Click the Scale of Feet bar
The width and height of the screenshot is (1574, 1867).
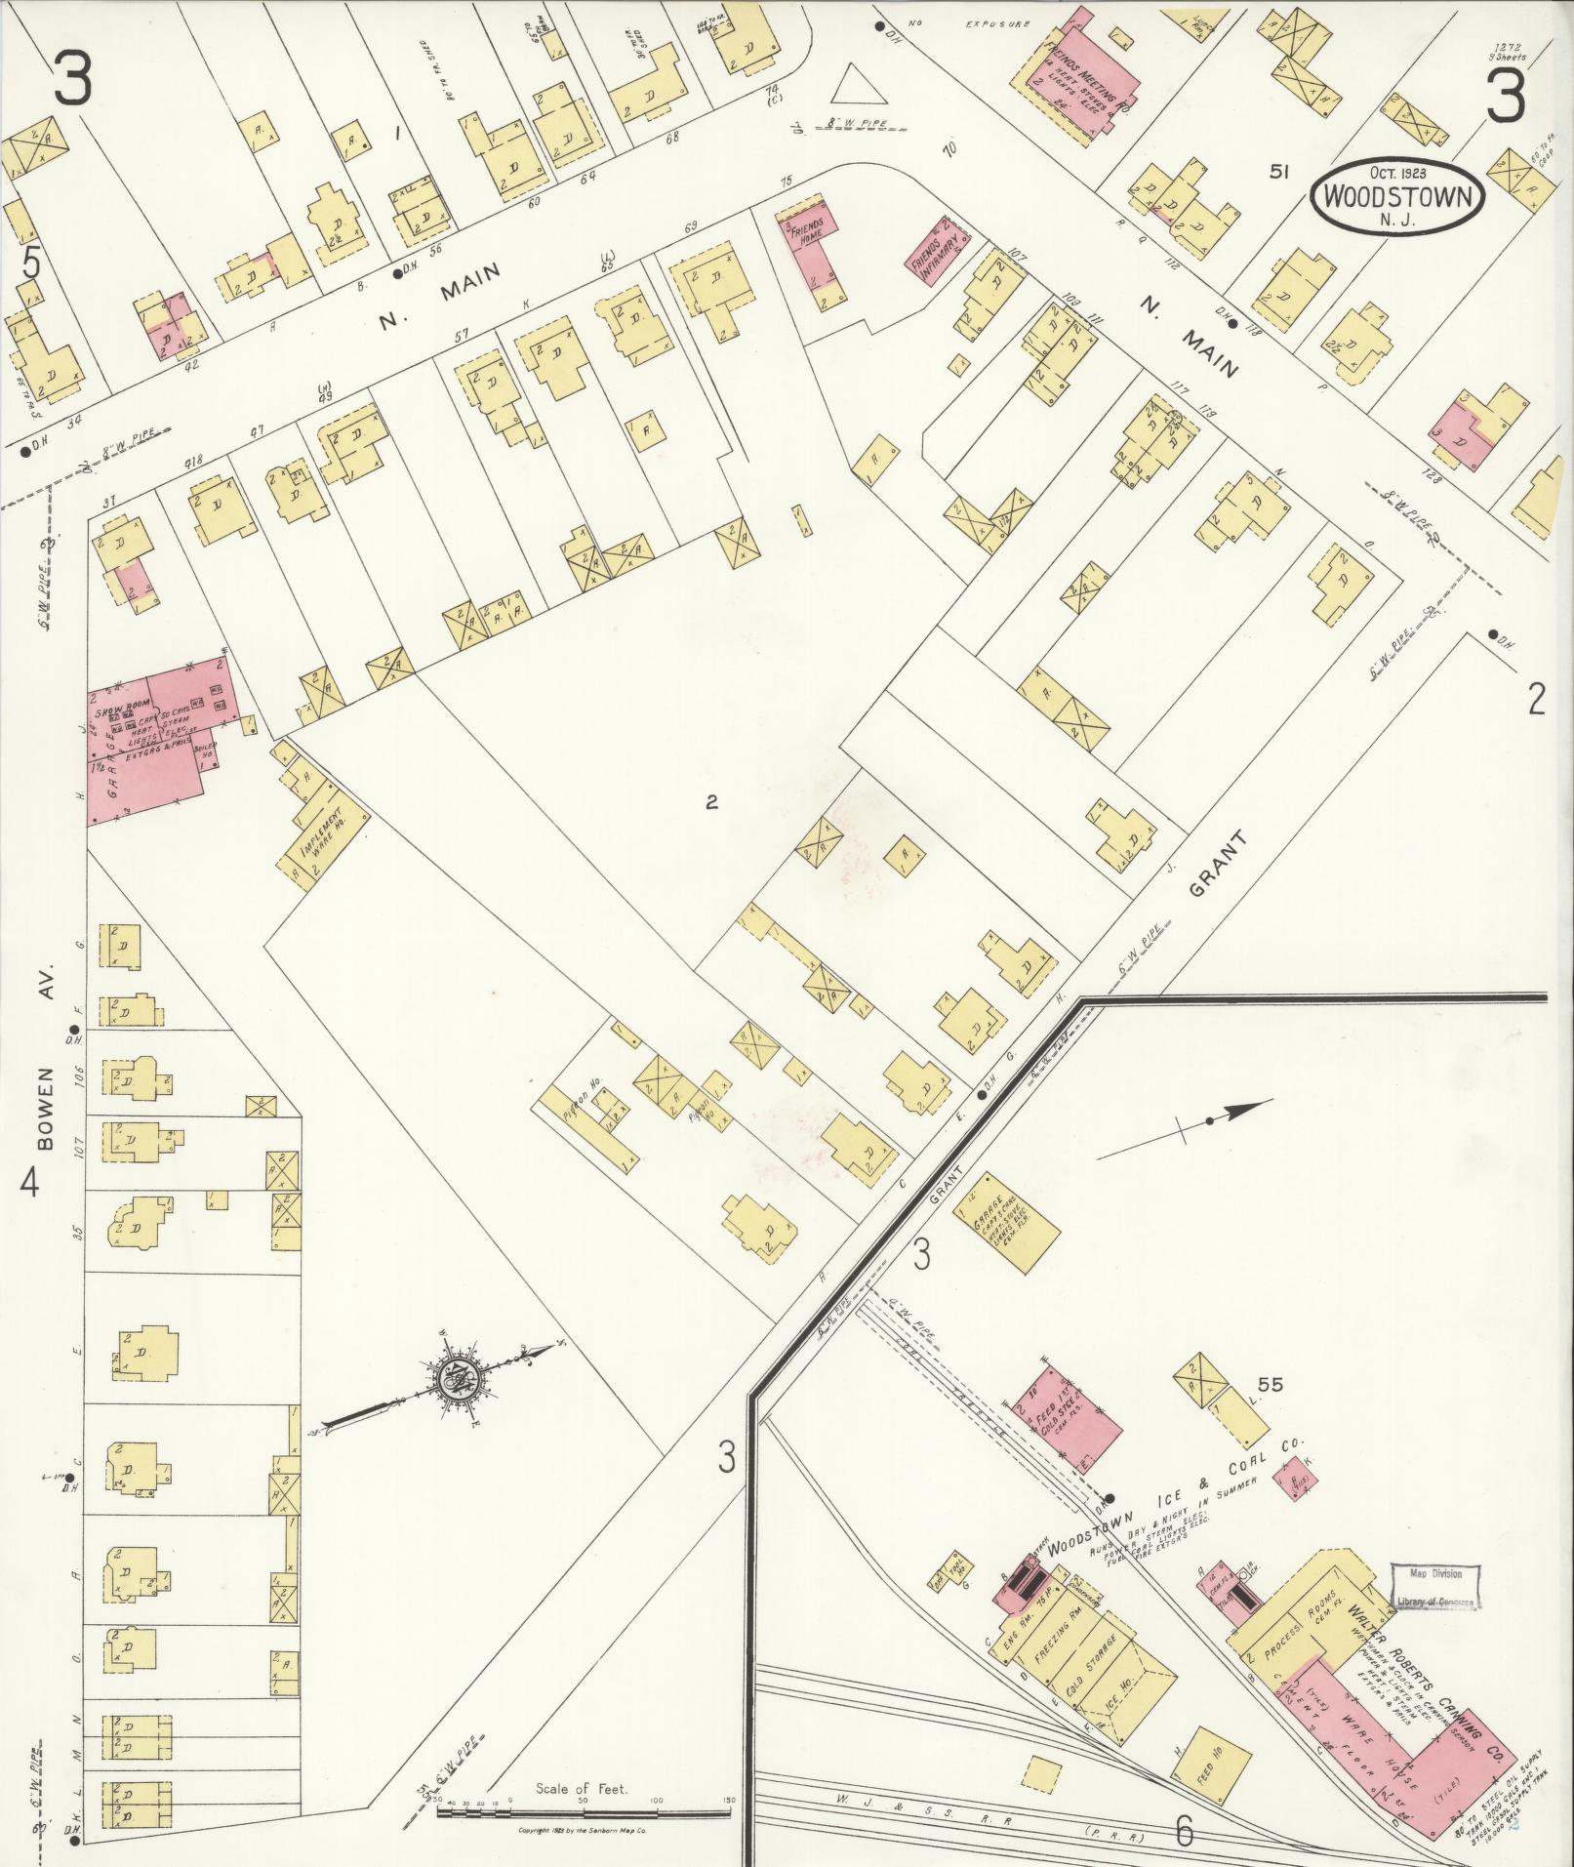pos(583,1812)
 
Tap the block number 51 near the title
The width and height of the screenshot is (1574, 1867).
pos(1278,172)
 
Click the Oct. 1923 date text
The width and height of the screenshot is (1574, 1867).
pos(1397,173)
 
